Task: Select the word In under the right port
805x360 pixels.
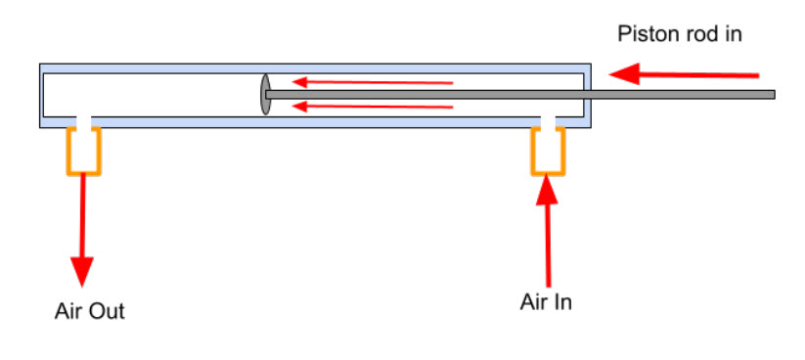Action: tap(562, 301)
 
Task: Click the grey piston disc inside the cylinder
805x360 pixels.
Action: tap(265, 95)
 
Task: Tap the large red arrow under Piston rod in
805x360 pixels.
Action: tap(684, 73)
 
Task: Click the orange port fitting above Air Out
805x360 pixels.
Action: tap(84, 151)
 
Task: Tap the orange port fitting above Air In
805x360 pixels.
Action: tap(548, 151)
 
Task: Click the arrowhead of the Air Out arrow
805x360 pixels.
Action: tap(83, 271)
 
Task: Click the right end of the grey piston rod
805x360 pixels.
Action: tap(771, 95)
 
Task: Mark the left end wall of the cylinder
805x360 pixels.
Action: tap(42, 95)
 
